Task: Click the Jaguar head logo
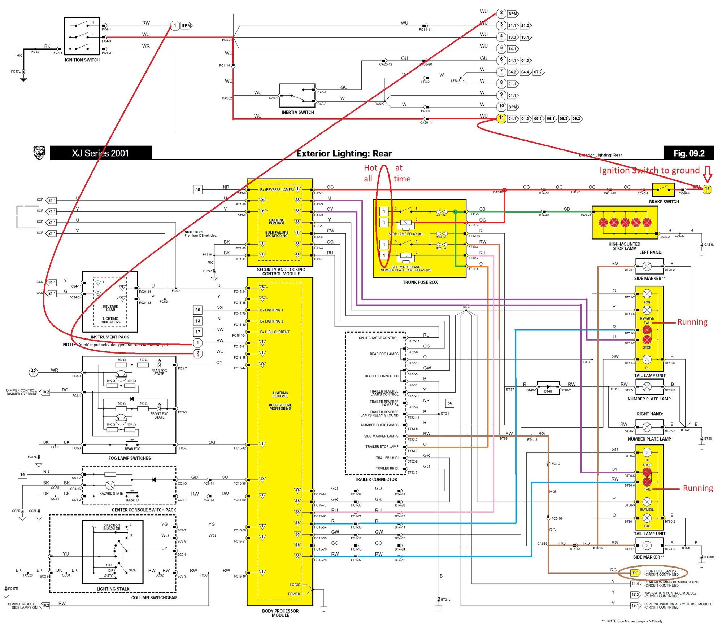(39, 153)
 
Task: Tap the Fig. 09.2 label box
(689, 153)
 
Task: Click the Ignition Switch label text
(82, 60)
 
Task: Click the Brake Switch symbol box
(663, 189)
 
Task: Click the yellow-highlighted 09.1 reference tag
(635, 573)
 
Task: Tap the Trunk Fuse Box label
(420, 282)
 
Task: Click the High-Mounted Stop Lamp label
(624, 246)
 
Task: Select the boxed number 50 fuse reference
(197, 189)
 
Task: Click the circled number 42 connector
(34, 372)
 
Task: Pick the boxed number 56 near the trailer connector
(449, 403)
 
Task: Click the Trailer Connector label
(376, 479)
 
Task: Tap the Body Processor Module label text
(280, 613)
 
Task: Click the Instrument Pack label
(110, 337)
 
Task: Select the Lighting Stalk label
(113, 589)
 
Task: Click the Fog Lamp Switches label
(130, 458)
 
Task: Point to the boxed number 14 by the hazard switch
(22, 474)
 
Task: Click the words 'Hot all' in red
(370, 173)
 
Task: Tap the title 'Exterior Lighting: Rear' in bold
(344, 154)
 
